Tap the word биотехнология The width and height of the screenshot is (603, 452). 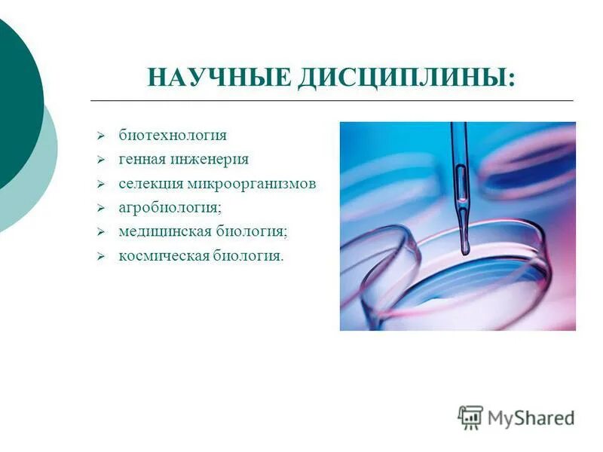tap(173, 136)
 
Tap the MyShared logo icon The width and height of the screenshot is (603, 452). tap(470, 417)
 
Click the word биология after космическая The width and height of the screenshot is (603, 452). tap(246, 256)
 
